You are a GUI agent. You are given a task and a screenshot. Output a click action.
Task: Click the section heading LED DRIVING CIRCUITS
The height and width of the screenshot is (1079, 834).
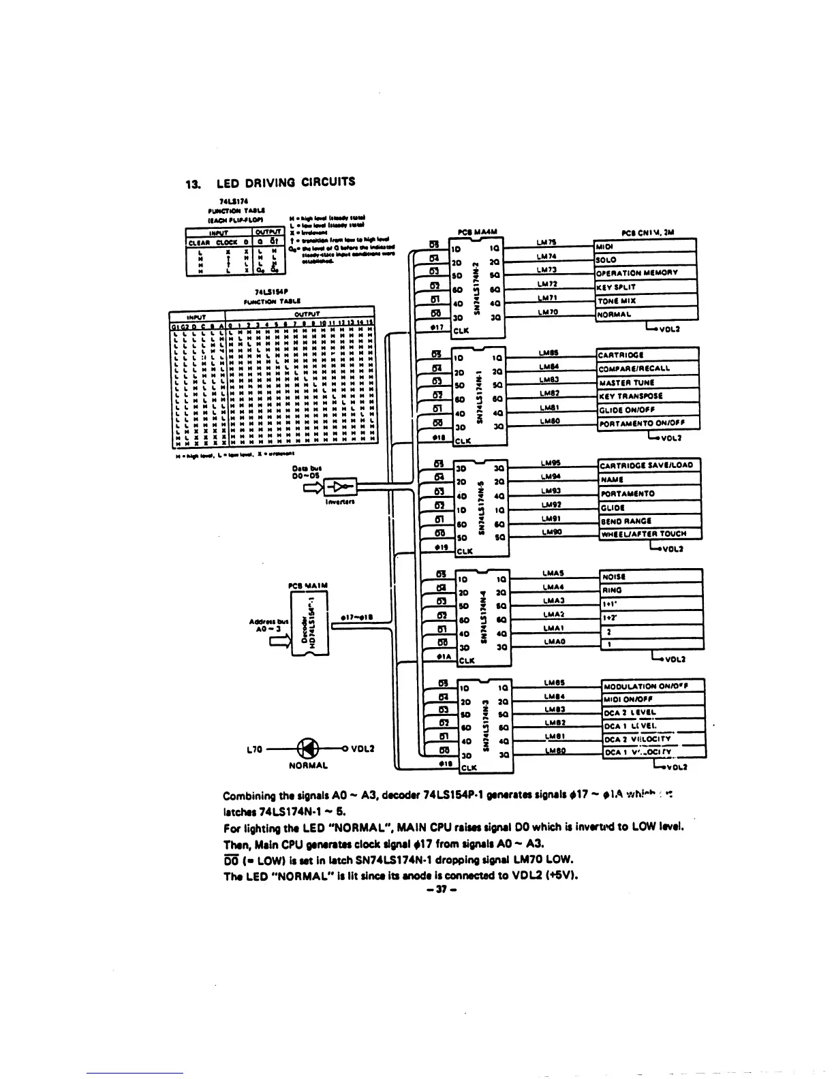point(285,182)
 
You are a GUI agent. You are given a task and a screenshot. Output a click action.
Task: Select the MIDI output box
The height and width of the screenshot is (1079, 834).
point(645,246)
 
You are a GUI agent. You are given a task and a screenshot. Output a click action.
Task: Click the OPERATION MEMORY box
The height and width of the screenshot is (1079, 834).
point(645,273)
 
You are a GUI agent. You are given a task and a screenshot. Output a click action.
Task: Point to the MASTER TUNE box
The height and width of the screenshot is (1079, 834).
point(648,382)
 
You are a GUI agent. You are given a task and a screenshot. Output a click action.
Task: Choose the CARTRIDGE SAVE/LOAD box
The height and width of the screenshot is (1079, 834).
point(649,465)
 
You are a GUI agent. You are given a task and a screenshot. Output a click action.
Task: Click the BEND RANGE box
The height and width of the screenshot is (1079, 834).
point(649,520)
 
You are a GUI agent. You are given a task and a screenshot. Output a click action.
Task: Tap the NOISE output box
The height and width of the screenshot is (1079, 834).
point(651,576)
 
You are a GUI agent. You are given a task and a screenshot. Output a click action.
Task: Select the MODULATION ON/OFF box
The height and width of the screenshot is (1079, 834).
point(653,686)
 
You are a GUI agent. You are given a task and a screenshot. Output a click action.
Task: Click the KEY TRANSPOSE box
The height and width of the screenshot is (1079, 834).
point(648,396)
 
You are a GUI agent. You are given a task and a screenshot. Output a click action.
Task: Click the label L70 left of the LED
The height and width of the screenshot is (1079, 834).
point(253,749)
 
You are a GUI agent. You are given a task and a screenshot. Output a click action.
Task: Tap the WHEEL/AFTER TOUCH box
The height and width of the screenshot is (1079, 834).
point(649,534)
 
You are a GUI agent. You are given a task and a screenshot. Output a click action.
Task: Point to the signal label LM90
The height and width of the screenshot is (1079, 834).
point(550,531)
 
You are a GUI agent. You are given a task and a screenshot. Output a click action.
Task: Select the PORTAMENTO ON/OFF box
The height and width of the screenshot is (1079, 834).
point(648,424)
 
